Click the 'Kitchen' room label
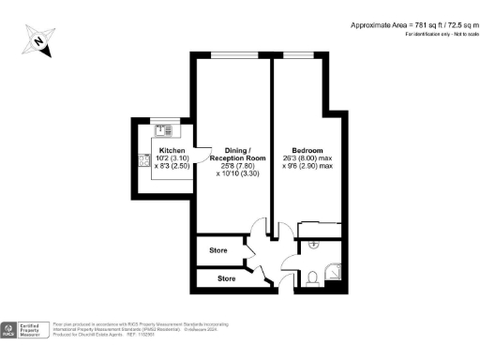(x=172, y=150)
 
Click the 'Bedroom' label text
(x=307, y=150)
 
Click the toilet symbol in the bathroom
(x=312, y=277)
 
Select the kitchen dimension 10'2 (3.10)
(x=172, y=158)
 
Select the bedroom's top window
(x=297, y=53)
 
